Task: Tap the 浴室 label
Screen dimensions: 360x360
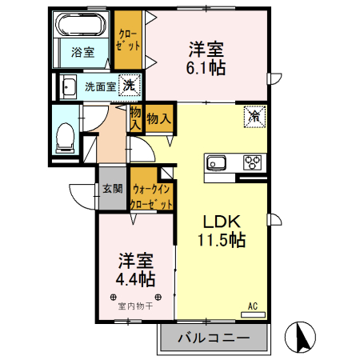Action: pyautogui.click(x=82, y=53)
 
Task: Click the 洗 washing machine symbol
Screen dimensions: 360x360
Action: pyautogui.click(x=127, y=84)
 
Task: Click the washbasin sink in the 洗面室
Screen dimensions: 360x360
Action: pyautogui.click(x=69, y=86)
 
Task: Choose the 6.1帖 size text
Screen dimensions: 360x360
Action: pyautogui.click(x=207, y=67)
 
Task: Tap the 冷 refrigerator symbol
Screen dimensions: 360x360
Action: pyautogui.click(x=254, y=117)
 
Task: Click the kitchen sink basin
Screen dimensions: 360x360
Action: pyautogui.click(x=217, y=163)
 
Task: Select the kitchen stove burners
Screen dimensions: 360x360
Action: pyautogui.click(x=253, y=162)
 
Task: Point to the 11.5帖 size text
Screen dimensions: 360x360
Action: pyautogui.click(x=221, y=240)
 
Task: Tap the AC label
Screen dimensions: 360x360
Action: pyautogui.click(x=252, y=306)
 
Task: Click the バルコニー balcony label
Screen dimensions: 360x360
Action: pyautogui.click(x=213, y=339)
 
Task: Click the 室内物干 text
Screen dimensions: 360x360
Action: pyautogui.click(x=134, y=305)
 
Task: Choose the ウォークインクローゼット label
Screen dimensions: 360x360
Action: pyautogui.click(x=152, y=197)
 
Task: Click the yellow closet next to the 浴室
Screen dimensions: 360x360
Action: pyautogui.click(x=126, y=40)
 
